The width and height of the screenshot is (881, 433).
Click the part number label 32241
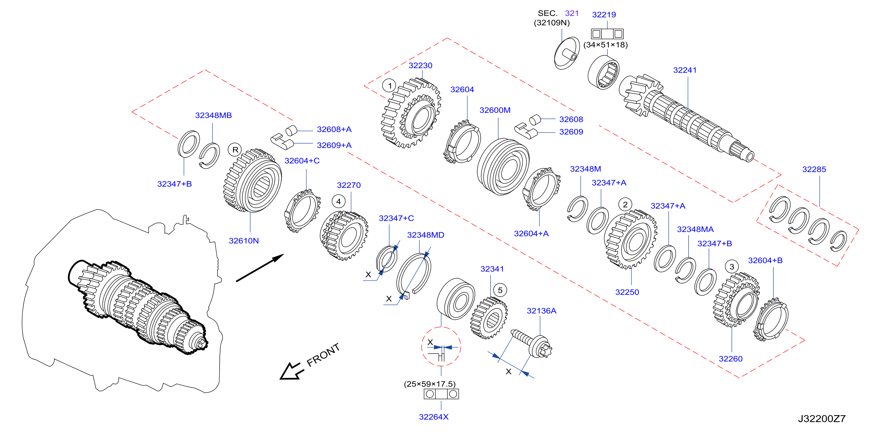pos(685,70)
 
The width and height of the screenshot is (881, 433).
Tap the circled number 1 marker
pos(390,86)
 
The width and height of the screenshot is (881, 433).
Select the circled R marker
pos(235,150)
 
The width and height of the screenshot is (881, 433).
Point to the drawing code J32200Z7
pos(821,419)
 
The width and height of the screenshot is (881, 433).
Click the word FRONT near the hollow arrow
pos(323,355)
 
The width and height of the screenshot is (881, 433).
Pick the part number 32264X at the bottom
pos(434,417)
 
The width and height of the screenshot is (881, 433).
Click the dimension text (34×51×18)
pos(605,45)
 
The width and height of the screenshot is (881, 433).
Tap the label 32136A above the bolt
pos(541,311)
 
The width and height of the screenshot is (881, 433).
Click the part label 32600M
pos(495,110)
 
